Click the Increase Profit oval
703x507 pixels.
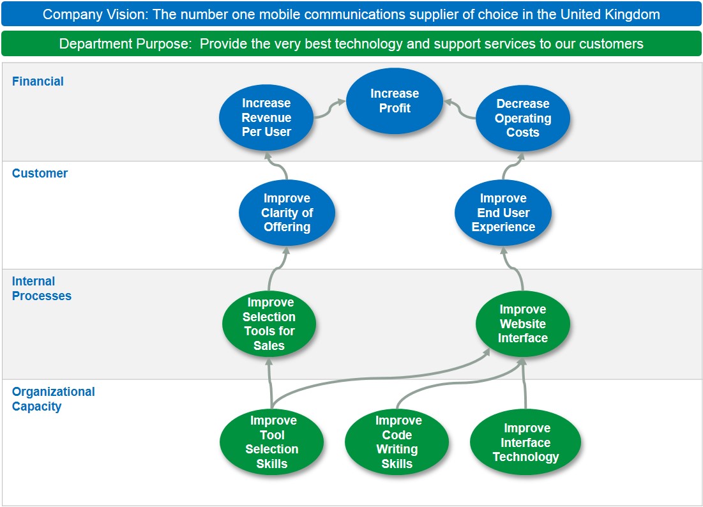point(395,101)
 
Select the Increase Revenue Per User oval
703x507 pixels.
point(266,117)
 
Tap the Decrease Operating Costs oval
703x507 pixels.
point(523,118)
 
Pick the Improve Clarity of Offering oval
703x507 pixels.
point(287,213)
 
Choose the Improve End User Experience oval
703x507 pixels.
point(503,213)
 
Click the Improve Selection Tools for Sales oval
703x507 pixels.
point(269,324)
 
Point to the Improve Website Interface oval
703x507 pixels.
point(523,324)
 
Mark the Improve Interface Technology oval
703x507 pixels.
point(525,443)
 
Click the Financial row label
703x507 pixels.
point(38,81)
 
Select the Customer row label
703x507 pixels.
point(40,173)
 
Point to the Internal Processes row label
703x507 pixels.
point(42,289)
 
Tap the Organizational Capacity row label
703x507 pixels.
point(53,398)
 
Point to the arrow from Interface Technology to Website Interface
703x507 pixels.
point(525,383)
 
